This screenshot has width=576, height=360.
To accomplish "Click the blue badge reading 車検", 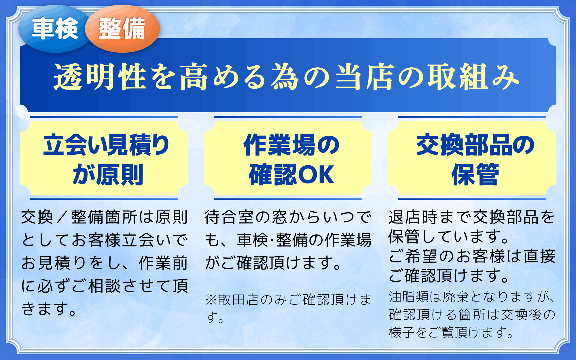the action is [55, 29].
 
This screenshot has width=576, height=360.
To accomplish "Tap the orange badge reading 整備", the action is [122, 29].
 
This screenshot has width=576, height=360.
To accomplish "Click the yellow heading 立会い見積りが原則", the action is [107, 160].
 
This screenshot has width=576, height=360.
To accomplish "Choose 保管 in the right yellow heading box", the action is [475, 175].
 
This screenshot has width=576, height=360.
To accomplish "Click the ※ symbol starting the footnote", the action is [211, 300].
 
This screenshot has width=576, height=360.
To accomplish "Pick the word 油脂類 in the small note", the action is [409, 297].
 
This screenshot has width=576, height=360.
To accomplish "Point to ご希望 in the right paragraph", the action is [413, 256].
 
